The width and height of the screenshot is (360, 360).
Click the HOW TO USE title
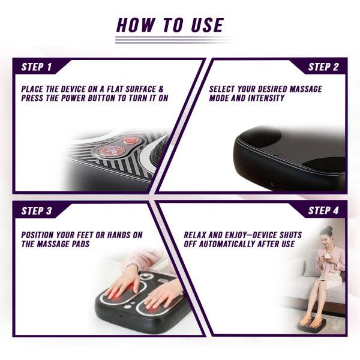tap(169, 25)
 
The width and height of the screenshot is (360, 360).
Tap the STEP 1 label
tap(37, 67)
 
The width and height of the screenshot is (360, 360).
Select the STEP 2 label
tap(323, 67)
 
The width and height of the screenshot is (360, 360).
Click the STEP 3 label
tap(37, 211)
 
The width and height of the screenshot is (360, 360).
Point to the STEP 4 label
tap(323, 211)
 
